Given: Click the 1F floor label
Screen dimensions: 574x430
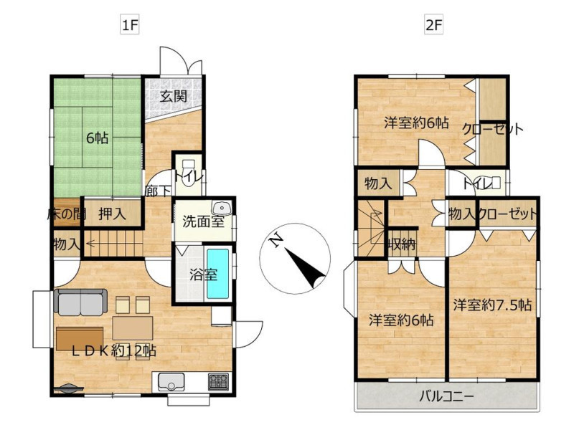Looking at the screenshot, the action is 130,25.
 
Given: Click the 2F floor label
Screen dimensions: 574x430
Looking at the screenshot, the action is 434,25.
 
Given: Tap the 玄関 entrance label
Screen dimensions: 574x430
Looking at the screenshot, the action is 174,96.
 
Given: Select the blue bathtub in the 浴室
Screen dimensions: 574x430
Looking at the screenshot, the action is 218,274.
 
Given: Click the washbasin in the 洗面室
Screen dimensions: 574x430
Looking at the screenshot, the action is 222,208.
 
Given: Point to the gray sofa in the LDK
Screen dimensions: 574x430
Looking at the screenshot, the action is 80,302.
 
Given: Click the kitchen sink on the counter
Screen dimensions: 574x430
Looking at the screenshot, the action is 171,382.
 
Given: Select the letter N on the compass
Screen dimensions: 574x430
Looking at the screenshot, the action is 276,241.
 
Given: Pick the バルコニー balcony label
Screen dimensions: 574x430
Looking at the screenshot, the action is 446,396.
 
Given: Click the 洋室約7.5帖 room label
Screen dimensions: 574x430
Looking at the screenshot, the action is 492,305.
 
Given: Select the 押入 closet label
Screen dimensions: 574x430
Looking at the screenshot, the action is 112,214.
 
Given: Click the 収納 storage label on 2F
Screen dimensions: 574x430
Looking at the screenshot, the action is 402,244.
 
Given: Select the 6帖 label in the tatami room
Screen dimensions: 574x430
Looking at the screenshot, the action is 97,138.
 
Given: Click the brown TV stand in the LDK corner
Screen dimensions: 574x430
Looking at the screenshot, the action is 80,338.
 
